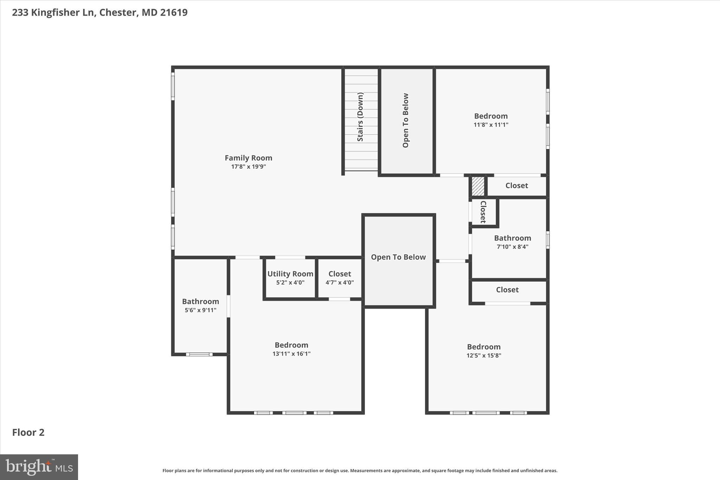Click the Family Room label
[248, 158]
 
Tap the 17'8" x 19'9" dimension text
[248, 167]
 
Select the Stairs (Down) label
[360, 117]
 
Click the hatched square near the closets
[478, 186]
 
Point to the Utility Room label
[290, 274]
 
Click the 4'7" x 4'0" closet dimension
[339, 282]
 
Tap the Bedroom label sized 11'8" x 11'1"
[490, 116]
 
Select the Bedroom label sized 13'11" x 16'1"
[291, 345]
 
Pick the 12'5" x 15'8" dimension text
[483, 356]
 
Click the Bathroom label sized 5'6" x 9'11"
[200, 301]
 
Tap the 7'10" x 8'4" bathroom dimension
[512, 247]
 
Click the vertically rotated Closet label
[483, 212]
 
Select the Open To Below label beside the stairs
[405, 120]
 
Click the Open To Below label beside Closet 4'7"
[398, 257]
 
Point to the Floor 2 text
[28, 432]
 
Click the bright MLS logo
[39, 467]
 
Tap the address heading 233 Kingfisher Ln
[99, 12]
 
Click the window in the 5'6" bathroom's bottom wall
[199, 354]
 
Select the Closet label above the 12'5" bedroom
[507, 290]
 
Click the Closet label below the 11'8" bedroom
[516, 185]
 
